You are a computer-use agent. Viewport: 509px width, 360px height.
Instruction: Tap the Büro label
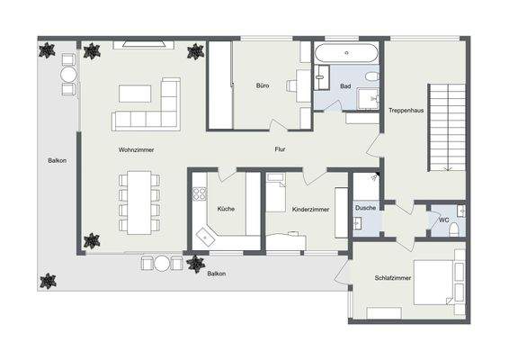point(262,86)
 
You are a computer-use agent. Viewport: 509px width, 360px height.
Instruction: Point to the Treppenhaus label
point(406,111)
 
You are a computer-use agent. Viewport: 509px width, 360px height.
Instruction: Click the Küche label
point(226,209)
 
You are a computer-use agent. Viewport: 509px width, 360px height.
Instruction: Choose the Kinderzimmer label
point(310,209)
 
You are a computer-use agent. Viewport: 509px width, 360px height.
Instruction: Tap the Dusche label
point(366,209)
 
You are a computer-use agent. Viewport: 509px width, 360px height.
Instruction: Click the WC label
point(443,220)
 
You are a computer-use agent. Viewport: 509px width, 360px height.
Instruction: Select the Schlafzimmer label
point(392,279)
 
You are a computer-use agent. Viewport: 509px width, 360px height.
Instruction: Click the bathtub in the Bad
point(348,54)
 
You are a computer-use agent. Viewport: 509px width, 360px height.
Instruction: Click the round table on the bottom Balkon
point(162,264)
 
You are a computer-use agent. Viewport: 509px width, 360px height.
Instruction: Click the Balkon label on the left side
point(57,161)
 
